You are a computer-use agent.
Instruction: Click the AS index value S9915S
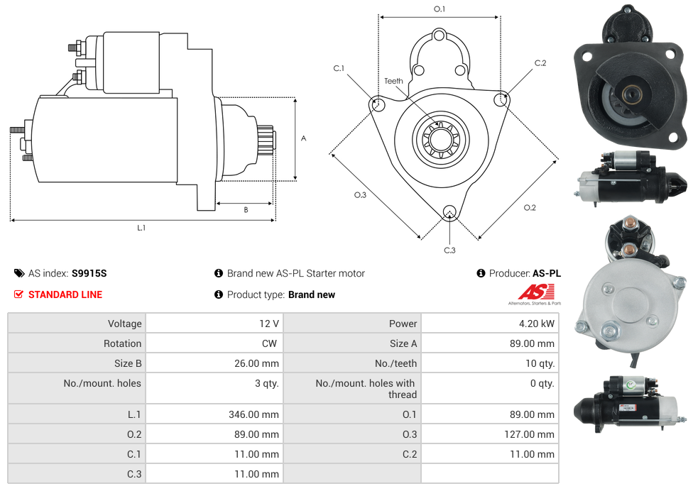point(89,273)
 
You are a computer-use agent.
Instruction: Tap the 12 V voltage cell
point(268,324)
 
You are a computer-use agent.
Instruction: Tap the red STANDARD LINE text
point(65,294)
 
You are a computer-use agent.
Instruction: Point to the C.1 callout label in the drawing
point(339,68)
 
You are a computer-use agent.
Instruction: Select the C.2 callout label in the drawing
point(540,63)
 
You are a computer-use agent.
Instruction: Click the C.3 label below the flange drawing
point(449,250)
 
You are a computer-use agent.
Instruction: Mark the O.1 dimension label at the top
point(440,9)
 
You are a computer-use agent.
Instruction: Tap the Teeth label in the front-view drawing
point(393,81)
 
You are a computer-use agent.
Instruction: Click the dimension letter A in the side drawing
point(303,138)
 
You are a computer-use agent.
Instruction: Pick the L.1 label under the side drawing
point(141,228)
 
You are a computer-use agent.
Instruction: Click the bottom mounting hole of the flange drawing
point(449,211)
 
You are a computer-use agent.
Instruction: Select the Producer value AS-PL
point(546,273)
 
